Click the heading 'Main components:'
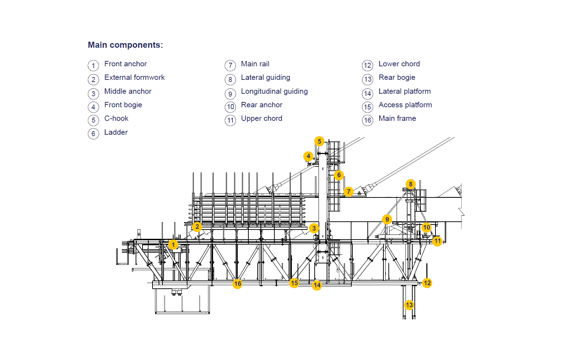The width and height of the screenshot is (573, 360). point(125,45)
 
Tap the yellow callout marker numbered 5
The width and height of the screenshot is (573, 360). point(319,141)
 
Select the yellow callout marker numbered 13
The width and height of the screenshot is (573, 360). point(409,305)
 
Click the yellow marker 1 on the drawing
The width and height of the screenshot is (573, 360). point(173,245)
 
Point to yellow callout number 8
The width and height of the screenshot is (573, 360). point(411,184)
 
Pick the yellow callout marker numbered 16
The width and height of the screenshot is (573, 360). point(238,283)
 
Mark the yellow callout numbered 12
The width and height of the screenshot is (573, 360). point(427,283)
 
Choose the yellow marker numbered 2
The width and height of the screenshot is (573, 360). point(197,227)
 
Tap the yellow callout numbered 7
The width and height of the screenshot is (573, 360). point(349,192)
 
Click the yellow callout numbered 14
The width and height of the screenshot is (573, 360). point(317,285)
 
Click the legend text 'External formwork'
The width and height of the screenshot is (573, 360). point(134,78)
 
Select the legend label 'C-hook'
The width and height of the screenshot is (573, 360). point(116,118)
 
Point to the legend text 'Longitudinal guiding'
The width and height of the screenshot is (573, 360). point(274,92)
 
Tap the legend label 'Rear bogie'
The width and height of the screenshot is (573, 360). point(397,78)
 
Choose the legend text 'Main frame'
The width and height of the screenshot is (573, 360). point(397,118)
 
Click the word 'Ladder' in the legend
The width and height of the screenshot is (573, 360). point(116,132)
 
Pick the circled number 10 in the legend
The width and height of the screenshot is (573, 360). point(230,107)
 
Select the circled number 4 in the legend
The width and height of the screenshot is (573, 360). point(93,107)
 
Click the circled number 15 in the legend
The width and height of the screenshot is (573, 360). point(368,107)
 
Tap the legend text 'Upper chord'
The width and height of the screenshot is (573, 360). point(262,119)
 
